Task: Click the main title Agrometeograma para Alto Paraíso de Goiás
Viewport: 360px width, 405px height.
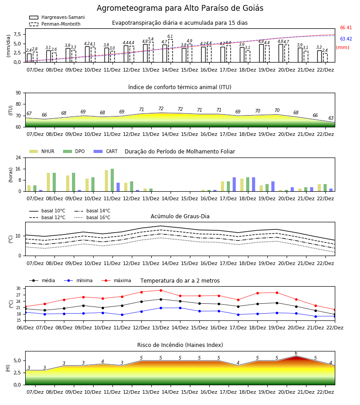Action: [x=180, y=8]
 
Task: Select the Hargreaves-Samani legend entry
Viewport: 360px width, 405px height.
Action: [x=57, y=17]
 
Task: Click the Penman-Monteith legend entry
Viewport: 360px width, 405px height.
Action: [x=55, y=24]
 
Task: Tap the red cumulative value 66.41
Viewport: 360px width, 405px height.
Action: [x=346, y=27]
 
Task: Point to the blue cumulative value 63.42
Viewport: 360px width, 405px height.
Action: [x=346, y=39]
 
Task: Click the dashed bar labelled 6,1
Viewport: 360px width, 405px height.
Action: [x=171, y=51]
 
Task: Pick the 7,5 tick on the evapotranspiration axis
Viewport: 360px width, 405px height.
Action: [x=17, y=34]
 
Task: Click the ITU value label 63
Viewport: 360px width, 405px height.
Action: [x=331, y=118]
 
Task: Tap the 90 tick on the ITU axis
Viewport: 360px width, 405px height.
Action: [x=18, y=93]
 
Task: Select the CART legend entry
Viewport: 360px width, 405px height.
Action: [x=106, y=151]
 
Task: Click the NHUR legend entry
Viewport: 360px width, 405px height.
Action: [x=42, y=151]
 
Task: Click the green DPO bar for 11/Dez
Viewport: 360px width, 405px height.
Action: [x=112, y=180]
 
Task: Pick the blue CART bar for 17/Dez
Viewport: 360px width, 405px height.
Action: [x=234, y=184]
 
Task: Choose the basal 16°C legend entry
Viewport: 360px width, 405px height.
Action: [x=92, y=217]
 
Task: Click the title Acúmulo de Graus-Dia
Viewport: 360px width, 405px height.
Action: [x=180, y=216]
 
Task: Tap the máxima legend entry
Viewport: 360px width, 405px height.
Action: [x=116, y=280]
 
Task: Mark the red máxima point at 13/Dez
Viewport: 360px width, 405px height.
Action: [x=161, y=290]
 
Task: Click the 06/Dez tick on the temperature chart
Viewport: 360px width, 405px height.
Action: [x=25, y=328]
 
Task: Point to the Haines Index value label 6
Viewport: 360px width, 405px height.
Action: [x=296, y=353]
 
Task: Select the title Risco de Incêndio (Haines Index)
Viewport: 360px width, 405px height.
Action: [x=180, y=345]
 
